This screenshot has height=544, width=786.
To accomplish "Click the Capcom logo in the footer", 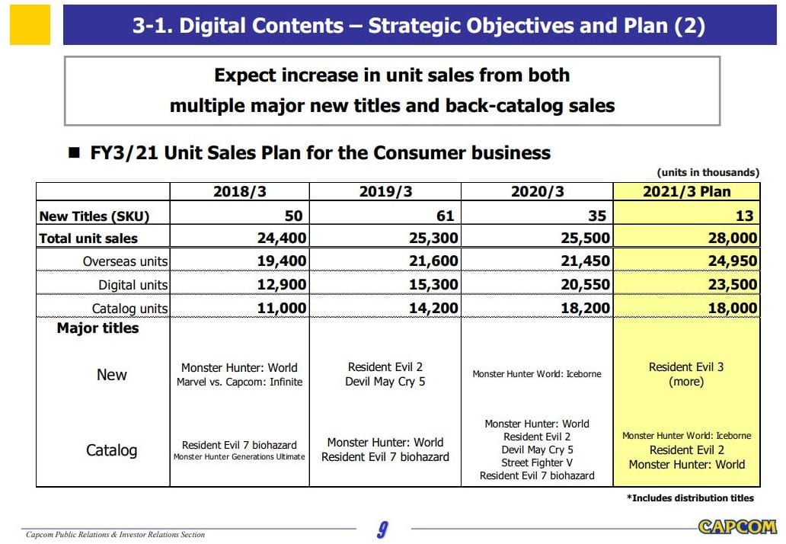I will pyautogui.click(x=737, y=526).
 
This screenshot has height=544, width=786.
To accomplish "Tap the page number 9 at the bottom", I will pyautogui.click(x=383, y=529).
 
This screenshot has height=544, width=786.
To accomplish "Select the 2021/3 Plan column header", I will pyautogui.click(x=686, y=192).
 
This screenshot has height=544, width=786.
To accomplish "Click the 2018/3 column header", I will pyautogui.click(x=239, y=192).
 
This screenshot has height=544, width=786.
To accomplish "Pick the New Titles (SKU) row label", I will pyautogui.click(x=94, y=216).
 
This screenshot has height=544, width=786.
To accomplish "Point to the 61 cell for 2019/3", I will pyautogui.click(x=446, y=216).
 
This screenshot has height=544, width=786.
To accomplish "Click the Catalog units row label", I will pyautogui.click(x=130, y=309).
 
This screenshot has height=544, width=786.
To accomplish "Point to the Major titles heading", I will pyautogui.click(x=98, y=328).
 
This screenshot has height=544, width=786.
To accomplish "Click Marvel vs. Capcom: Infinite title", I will pyautogui.click(x=240, y=382).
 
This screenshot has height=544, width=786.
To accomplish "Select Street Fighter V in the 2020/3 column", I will pyautogui.click(x=537, y=462).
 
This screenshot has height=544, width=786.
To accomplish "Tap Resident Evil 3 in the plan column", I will pyautogui.click(x=686, y=367).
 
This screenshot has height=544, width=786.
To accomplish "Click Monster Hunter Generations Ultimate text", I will pyautogui.click(x=240, y=457).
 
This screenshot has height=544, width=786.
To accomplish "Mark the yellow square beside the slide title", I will pyautogui.click(x=30, y=25).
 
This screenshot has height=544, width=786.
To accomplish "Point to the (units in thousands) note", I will pyautogui.click(x=708, y=173).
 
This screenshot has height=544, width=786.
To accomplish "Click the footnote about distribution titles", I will pyautogui.click(x=690, y=498).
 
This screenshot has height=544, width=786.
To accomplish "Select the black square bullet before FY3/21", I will pyautogui.click(x=74, y=153).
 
